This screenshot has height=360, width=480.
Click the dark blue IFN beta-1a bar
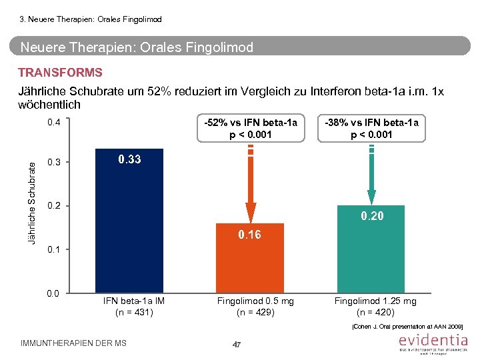coord(129,227)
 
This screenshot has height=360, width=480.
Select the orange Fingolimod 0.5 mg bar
coord(251,263)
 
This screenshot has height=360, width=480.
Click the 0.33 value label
coord(129,159)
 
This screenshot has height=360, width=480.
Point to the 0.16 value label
coord(250,235)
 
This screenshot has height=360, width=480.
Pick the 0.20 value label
coord(372,216)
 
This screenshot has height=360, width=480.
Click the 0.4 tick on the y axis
coord(55,123)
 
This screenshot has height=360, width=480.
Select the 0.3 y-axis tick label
coord(55,163)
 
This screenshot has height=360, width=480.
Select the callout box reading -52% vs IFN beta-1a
coord(251,128)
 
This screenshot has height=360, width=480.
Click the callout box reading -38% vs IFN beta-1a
coord(371,128)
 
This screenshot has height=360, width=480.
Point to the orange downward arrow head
coord(251,212)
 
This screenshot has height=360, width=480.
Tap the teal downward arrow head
coord(371,196)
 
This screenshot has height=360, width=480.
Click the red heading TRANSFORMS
coord(60,73)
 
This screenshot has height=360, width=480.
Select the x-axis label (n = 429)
coord(255,312)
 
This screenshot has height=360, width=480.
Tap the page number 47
coord(236,344)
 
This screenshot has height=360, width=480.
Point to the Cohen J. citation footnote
coord(406,327)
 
